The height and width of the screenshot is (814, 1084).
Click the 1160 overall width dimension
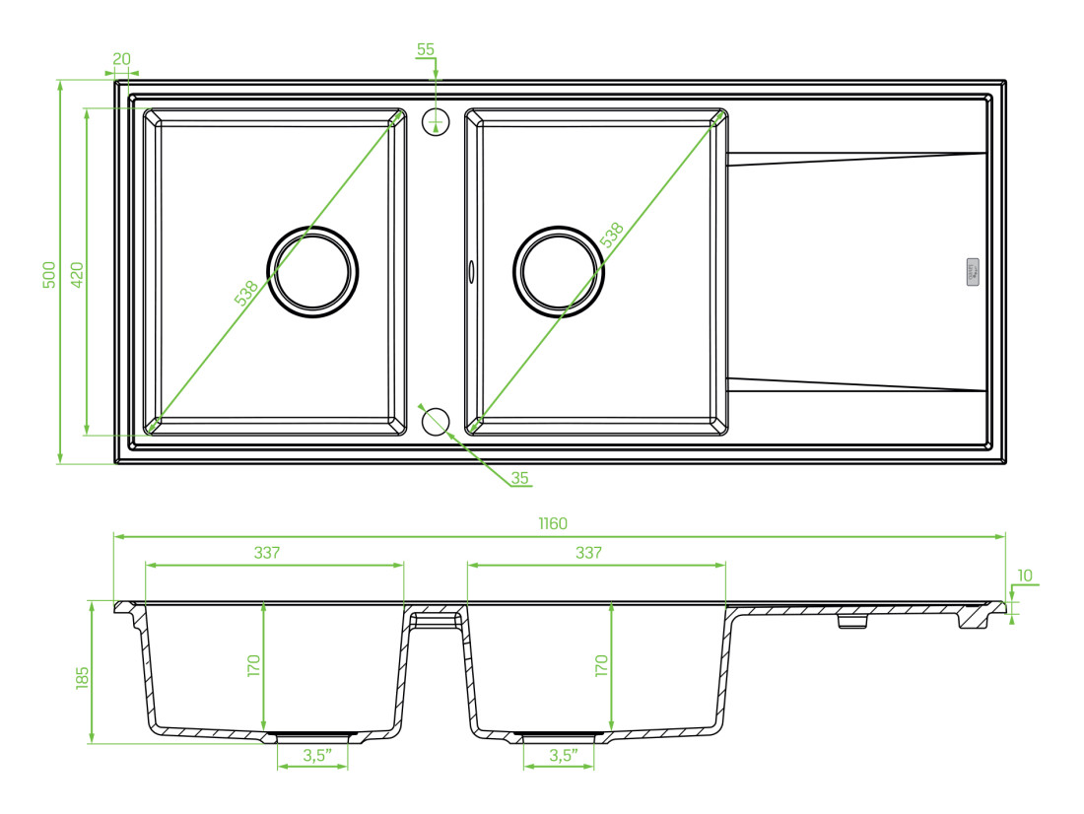point(553,523)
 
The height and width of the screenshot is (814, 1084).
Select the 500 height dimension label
point(49,275)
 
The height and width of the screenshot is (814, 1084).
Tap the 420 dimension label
point(77,275)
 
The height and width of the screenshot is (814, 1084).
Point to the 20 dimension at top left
point(121,59)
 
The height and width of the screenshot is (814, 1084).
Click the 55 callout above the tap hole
point(425,49)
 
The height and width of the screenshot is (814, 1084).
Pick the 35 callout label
point(520,478)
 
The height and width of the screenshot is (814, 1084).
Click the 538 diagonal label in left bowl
point(246,293)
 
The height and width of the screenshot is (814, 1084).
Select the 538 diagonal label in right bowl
point(611,235)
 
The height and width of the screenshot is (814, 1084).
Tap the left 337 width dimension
point(267,553)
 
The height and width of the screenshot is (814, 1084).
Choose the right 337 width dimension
point(588,553)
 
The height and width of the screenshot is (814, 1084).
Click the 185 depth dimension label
point(82,677)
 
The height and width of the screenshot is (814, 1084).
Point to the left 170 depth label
point(253,665)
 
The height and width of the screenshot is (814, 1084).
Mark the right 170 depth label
point(601,665)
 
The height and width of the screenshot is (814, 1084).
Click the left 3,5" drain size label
point(317,755)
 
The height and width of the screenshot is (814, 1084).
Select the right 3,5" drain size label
point(564,755)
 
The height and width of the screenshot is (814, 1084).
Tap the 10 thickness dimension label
point(1025,576)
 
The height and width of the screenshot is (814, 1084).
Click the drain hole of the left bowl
point(312,272)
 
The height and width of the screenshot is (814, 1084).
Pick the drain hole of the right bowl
point(559,272)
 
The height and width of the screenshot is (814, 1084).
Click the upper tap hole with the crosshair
point(436,122)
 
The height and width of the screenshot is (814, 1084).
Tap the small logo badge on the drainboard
point(973,272)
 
